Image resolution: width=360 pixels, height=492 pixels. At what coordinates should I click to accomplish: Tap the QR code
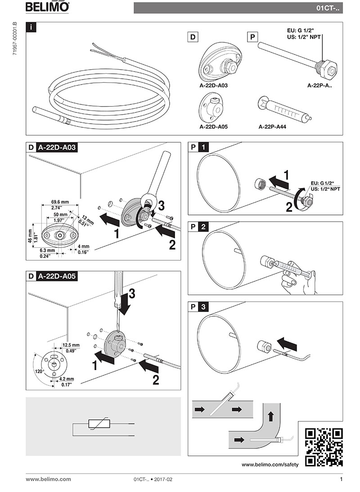coord(324,447)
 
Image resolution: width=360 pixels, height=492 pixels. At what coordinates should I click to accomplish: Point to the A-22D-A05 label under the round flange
coord(214,127)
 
